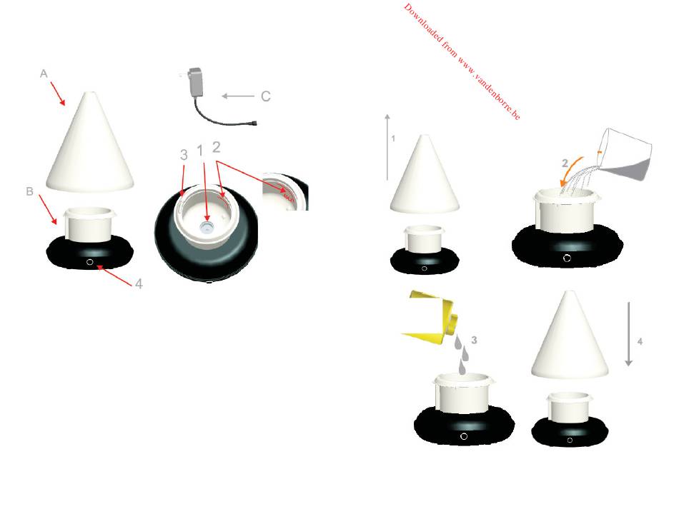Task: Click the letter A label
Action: coord(44,74)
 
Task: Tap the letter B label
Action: coord(30,191)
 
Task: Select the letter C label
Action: coord(266,96)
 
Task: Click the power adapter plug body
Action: coord(196,81)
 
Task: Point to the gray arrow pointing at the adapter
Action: coord(238,96)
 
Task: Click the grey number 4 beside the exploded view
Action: coord(139,284)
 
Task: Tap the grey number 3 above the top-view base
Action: coord(184,155)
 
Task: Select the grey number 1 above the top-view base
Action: coord(199,151)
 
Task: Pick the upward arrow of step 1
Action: coord(387,147)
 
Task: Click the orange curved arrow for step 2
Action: coord(571,171)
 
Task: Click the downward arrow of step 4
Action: coord(628,334)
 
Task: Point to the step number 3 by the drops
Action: coord(474,340)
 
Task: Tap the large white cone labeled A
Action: coord(89,143)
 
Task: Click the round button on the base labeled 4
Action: coord(89,262)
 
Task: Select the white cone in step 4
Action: coord(570,336)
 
